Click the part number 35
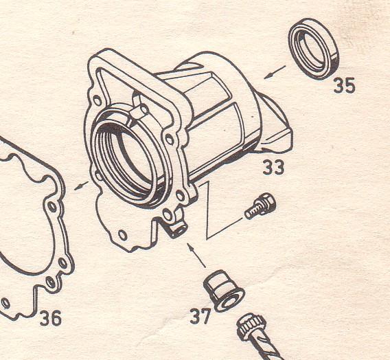coord(344,85)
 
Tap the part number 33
coord(273,167)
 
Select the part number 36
coord(50,317)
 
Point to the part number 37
coord(200,316)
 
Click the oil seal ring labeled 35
coord(314,49)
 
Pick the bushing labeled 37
coord(224,291)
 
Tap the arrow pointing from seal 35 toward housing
coord(275,72)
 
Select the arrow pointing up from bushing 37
coord(196,256)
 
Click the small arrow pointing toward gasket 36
coord(81,185)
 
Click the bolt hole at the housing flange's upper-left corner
coord(97,100)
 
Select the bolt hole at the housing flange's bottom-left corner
coord(122,235)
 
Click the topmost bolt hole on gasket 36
coord(52,207)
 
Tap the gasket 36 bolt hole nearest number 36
coord(51,282)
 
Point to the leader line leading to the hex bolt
coord(225,228)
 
